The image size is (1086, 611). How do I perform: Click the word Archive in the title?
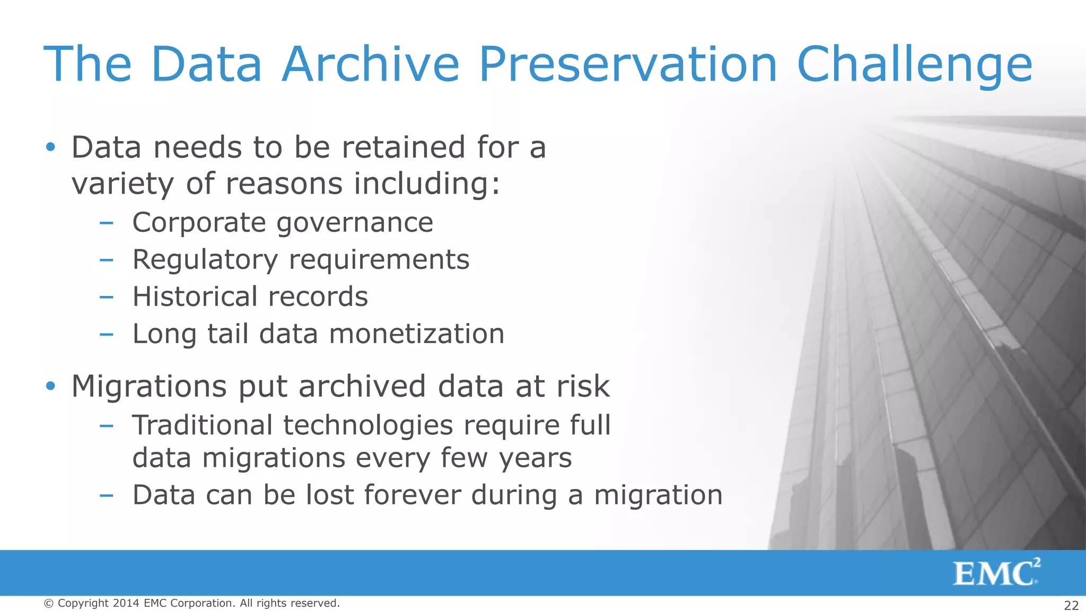tap(370, 64)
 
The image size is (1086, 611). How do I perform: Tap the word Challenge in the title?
tap(914, 64)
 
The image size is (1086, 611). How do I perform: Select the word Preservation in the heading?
tap(628, 64)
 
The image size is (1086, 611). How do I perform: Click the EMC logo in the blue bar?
tap(996, 573)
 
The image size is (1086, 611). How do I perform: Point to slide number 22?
tap(1071, 605)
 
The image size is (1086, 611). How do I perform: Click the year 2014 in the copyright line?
tap(126, 603)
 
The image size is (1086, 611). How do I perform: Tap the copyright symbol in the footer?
tap(49, 604)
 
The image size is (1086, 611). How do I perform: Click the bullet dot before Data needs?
tap(50, 147)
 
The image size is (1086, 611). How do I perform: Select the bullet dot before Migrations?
tap(50, 386)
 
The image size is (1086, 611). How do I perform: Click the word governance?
tap(355, 223)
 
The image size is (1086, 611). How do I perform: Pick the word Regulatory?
tap(205, 260)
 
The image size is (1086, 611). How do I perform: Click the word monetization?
tap(416, 334)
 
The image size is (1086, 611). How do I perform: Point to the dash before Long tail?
tap(106, 334)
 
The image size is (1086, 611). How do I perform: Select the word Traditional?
tap(202, 425)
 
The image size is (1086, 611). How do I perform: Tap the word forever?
tap(413, 495)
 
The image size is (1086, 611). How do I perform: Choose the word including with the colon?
tap(427, 184)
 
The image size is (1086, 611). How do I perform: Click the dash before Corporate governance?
tap(106, 223)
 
